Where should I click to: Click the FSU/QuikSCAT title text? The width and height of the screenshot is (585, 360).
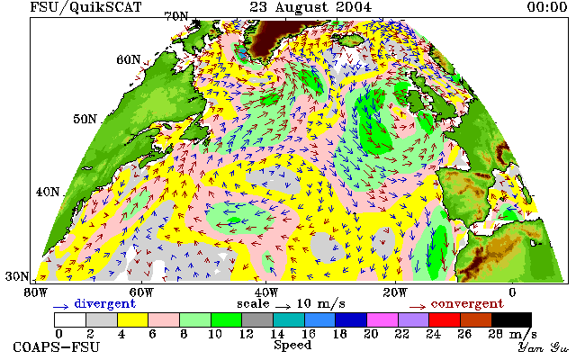pyautogui.click(x=85, y=7)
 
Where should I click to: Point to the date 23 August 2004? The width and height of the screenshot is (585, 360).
pyautogui.click(x=310, y=7)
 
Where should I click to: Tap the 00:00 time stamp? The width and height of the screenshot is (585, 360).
pyautogui.click(x=547, y=7)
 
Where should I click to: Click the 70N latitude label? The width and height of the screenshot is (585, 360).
pyautogui.click(x=176, y=16)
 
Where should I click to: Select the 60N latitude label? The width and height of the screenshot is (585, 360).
pyautogui.click(x=129, y=59)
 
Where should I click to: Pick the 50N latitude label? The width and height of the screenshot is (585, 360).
pyautogui.click(x=85, y=119)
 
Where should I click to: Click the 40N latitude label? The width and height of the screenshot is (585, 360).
pyautogui.click(x=48, y=192)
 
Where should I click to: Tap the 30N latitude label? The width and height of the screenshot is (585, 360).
pyautogui.click(x=17, y=276)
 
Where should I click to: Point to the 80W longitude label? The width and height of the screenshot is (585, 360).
pyautogui.click(x=35, y=292)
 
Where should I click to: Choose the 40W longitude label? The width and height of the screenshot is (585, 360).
pyautogui.click(x=266, y=292)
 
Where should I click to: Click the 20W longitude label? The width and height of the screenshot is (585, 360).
pyautogui.click(x=395, y=292)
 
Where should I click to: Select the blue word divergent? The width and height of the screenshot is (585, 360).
pyautogui.click(x=104, y=303)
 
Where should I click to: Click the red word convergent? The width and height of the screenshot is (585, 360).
pyautogui.click(x=467, y=303)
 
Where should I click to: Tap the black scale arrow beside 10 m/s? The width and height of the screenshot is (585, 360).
pyautogui.click(x=283, y=307)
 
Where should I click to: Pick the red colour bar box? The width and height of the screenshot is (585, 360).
pyautogui.click(x=445, y=320)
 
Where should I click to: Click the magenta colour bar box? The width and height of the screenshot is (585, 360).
pyautogui.click(x=382, y=320)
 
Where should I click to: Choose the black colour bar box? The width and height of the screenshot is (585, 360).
pyautogui.click(x=511, y=320)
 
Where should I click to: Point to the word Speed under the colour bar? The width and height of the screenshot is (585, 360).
pyautogui.click(x=292, y=345)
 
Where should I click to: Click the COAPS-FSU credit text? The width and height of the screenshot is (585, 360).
pyautogui.click(x=57, y=347)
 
